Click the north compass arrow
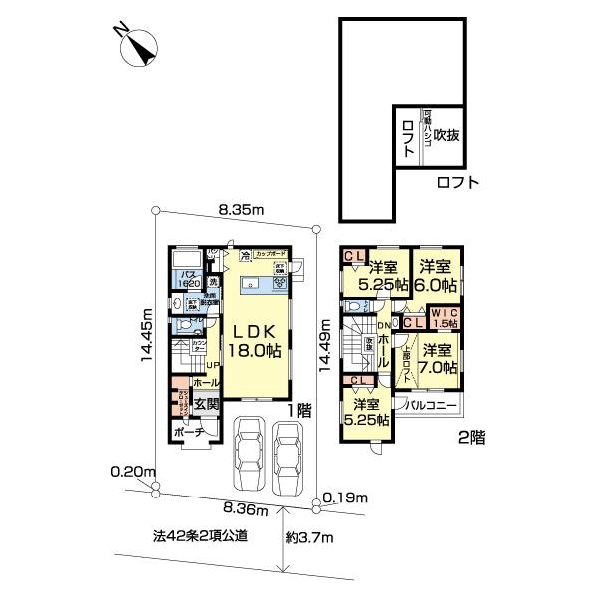pos(136,48)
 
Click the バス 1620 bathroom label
pos(189,278)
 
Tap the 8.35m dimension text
pos(240,210)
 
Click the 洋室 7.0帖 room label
pos(436,358)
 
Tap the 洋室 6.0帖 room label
pos(436,275)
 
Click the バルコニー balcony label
pos(429,406)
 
